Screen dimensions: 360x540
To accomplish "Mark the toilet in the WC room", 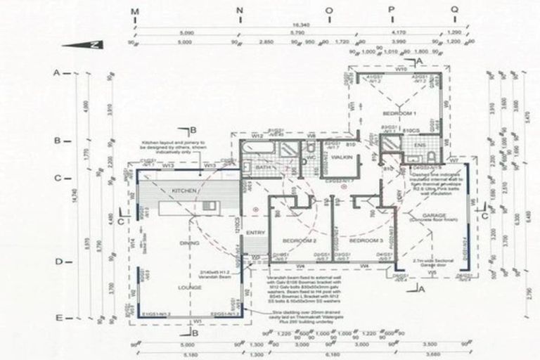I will point(310,149).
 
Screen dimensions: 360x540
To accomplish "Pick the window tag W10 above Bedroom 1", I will point(401,70).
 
